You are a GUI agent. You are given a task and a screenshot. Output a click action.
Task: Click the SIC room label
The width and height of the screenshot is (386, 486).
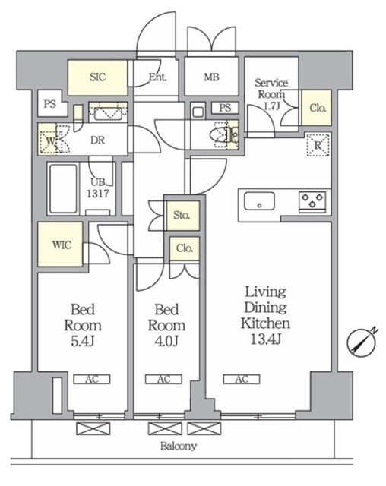(x=98, y=77)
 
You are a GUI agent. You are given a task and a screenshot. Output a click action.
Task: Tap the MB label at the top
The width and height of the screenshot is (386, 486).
(x=212, y=77)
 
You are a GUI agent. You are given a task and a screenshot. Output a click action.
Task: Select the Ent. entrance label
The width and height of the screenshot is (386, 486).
(x=157, y=77)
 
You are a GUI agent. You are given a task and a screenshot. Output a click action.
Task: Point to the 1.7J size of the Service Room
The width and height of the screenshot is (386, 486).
(x=271, y=106)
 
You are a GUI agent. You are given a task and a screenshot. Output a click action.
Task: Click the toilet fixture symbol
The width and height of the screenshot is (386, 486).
(x=218, y=136)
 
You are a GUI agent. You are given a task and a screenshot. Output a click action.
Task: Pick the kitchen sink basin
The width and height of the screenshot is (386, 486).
(x=259, y=200)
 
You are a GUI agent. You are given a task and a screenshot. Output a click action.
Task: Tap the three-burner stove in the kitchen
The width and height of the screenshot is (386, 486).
(x=312, y=202)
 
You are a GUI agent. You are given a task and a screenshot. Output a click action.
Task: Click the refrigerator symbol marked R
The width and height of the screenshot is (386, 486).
(x=318, y=145)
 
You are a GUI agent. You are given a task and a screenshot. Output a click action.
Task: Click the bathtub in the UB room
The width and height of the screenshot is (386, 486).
(x=63, y=189)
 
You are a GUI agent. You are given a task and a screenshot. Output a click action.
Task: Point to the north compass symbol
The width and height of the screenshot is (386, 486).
(x=362, y=342)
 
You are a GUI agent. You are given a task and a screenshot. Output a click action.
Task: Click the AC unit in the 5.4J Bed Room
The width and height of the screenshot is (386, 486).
(x=92, y=379)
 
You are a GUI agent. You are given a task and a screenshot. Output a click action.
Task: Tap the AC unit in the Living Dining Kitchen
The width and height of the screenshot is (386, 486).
(x=242, y=379)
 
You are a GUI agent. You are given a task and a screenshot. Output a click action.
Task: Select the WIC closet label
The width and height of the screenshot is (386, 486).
(x=62, y=245)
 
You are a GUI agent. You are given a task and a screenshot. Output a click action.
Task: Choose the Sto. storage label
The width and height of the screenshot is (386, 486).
(x=182, y=215)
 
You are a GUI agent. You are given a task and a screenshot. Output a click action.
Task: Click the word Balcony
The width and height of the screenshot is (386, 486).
(x=179, y=446)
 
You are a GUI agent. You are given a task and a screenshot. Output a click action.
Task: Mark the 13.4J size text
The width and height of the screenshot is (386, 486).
(x=266, y=339)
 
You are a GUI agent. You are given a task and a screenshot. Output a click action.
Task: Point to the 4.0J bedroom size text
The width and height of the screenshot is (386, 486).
(x=166, y=341)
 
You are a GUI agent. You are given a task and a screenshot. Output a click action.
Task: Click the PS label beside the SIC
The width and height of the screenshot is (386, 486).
(x=50, y=103)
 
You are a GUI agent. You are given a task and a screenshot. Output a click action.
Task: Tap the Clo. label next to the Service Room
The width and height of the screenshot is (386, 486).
(x=318, y=108)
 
